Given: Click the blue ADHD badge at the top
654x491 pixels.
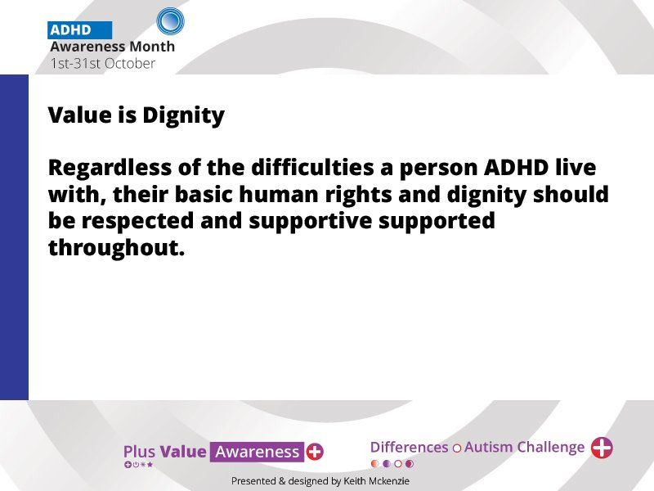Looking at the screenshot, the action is click(79, 30).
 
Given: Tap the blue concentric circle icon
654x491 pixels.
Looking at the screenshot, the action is click(170, 21).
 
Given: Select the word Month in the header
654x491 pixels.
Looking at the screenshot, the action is click(152, 47).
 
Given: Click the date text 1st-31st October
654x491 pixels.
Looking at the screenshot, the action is click(103, 64).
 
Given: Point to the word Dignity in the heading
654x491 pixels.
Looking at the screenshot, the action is click(183, 115).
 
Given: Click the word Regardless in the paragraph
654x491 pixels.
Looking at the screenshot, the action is click(110, 168).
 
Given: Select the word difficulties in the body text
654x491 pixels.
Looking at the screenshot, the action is click(312, 168).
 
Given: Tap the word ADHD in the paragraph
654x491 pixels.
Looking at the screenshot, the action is click(516, 168).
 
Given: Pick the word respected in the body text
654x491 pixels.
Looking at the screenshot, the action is click(137, 222).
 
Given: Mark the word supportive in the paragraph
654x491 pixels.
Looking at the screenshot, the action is click(311, 222).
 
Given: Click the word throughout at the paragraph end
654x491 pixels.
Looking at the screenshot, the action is click(116, 248).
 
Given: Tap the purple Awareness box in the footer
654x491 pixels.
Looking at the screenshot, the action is click(257, 452).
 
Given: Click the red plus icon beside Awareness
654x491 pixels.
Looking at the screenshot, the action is click(315, 452).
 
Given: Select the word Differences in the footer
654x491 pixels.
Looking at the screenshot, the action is click(410, 447).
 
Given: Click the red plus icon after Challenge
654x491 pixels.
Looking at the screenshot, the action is click(602, 448).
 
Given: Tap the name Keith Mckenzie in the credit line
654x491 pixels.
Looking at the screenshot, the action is click(376, 481).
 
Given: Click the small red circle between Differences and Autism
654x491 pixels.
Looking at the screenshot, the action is click(457, 448).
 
